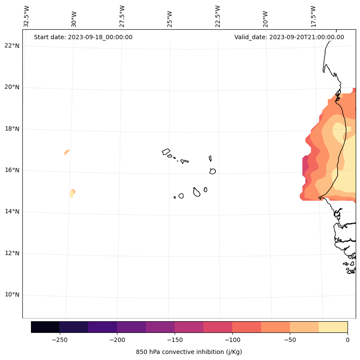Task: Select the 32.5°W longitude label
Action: click(x=27, y=16)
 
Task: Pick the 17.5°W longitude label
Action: click(x=314, y=16)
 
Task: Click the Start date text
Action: click(x=83, y=37)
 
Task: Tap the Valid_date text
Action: click(x=289, y=37)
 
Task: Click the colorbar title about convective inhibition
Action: click(x=189, y=352)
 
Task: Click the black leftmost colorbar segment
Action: click(x=45, y=327)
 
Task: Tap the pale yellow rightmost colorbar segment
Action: click(x=333, y=327)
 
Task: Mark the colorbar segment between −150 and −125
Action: click(x=189, y=327)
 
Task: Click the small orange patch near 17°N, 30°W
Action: click(x=67, y=152)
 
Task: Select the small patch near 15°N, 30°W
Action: click(x=73, y=192)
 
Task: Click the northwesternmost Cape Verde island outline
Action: click(x=166, y=152)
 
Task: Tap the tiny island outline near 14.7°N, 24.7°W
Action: click(x=175, y=197)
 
